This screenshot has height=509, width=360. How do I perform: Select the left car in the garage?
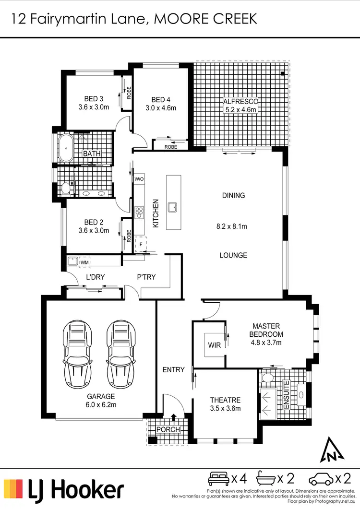(77, 353)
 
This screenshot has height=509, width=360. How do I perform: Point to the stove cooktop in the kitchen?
(139, 211)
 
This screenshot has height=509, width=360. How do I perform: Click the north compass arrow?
(330, 450)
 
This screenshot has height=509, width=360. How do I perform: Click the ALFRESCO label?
(241, 101)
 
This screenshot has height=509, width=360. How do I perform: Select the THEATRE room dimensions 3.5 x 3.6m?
(225, 409)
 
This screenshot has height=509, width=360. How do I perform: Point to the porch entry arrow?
(174, 418)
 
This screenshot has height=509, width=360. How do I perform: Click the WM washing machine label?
(85, 262)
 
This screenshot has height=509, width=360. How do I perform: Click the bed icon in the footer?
(218, 478)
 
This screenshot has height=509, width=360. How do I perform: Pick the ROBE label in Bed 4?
(170, 147)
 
